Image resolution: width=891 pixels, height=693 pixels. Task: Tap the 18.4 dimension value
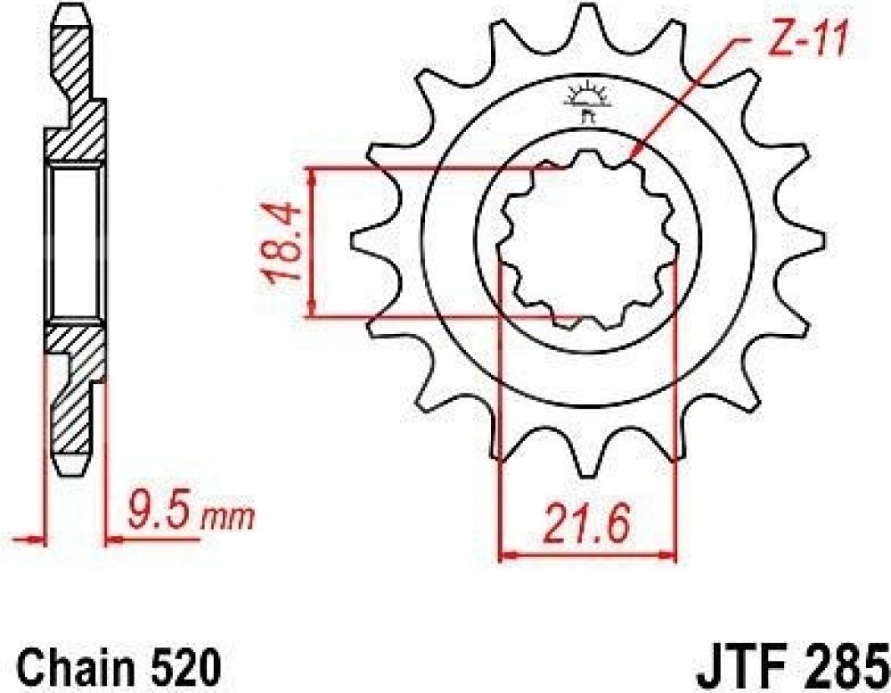(x=282, y=243)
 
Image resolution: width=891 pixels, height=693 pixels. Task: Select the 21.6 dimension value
(x=587, y=525)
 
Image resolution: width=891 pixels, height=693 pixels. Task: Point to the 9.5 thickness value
(x=163, y=517)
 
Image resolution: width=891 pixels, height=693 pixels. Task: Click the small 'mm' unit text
(x=228, y=518)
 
